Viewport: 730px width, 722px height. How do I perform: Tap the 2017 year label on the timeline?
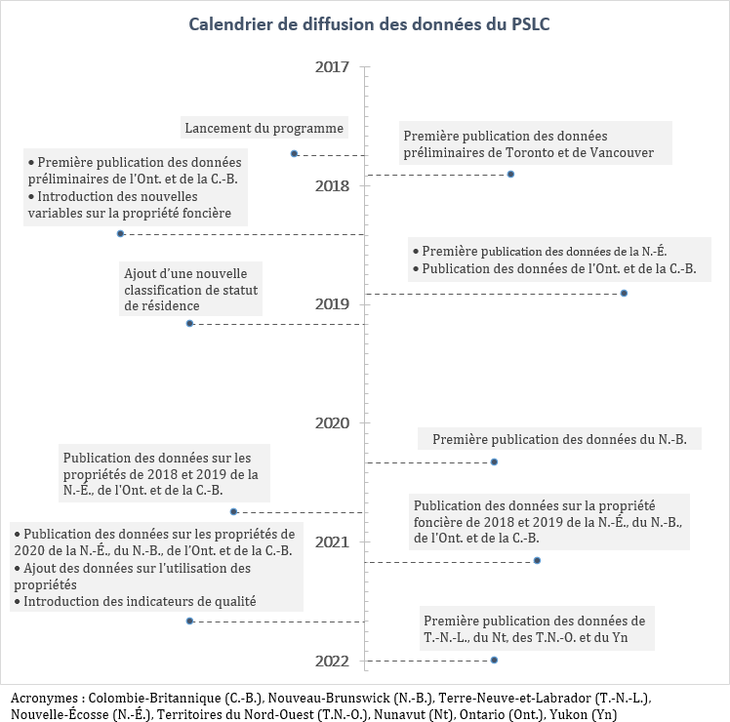pyautogui.click(x=332, y=66)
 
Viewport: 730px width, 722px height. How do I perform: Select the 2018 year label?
pyautogui.click(x=332, y=185)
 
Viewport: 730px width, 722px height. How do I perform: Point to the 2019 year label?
pyautogui.click(x=332, y=304)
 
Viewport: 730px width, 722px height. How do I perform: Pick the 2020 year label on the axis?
pyautogui.click(x=332, y=423)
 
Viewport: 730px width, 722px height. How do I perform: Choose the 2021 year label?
pyautogui.click(x=332, y=542)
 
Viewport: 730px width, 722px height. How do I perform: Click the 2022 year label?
pyautogui.click(x=332, y=662)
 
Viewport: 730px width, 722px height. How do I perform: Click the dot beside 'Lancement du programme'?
pyautogui.click(x=294, y=153)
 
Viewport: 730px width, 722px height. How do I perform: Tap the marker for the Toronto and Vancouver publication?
pyautogui.click(x=510, y=174)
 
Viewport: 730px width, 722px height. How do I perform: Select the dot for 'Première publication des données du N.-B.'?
pyautogui.click(x=494, y=461)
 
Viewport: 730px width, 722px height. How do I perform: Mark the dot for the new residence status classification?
pyautogui.click(x=189, y=323)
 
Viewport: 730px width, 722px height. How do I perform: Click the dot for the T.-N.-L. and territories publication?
pyautogui.click(x=494, y=661)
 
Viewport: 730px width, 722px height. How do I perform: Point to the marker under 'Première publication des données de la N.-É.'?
pyautogui.click(x=624, y=293)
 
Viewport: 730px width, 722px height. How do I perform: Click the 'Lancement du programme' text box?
pyautogui.click(x=264, y=128)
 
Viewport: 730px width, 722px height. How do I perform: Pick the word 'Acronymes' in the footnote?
pyautogui.click(x=45, y=699)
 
